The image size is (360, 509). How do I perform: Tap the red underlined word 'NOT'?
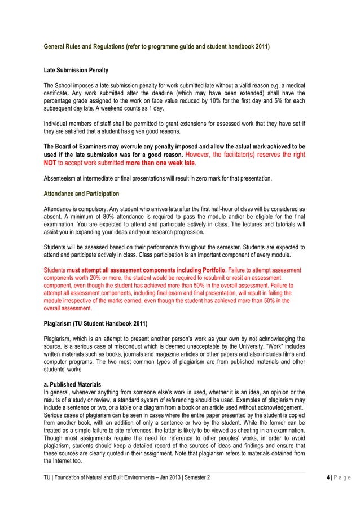click(x=51, y=163)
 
